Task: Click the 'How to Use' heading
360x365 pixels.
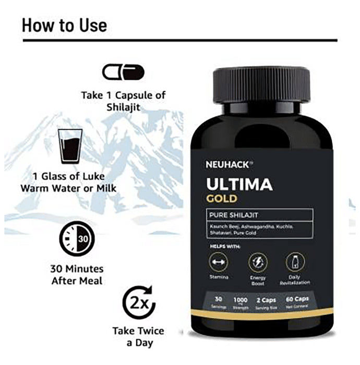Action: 64,25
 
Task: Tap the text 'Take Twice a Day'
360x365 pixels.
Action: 138,336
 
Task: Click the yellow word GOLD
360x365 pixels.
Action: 221,199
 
